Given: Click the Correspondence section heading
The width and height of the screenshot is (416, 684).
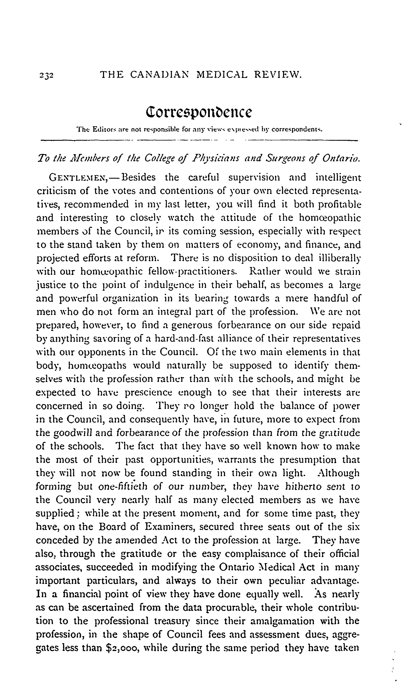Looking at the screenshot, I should click(199, 112).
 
